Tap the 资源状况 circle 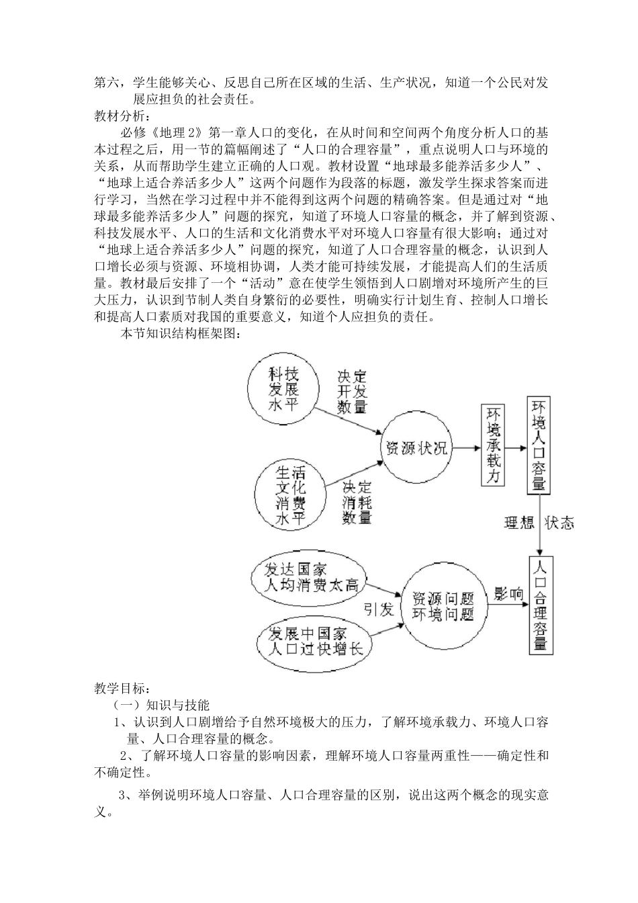click(x=416, y=448)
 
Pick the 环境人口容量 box click(x=539, y=445)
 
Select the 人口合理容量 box click(x=540, y=604)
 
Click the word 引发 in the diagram click(x=379, y=609)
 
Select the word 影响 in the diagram click(x=508, y=593)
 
